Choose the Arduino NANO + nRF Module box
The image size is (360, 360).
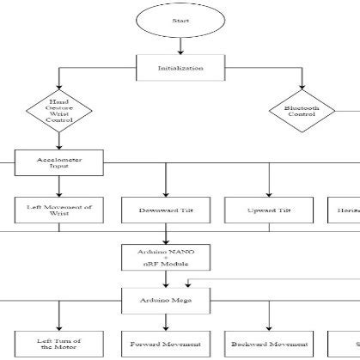pyautogui.click(x=164, y=256)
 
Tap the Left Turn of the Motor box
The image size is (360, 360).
pyautogui.click(x=48, y=343)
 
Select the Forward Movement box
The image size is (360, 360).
pyautogui.click(x=164, y=343)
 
